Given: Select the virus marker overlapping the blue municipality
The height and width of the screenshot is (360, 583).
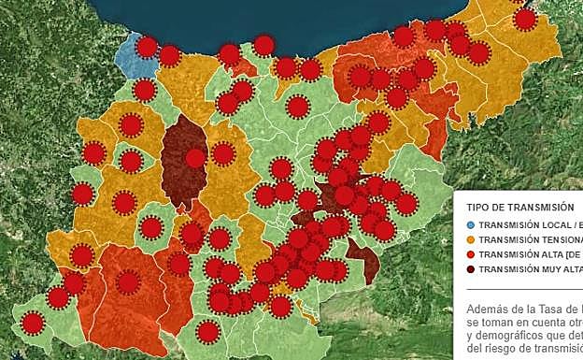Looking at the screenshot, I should pos(147,47).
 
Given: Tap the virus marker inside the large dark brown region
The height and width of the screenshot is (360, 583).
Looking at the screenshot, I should pos(195,158).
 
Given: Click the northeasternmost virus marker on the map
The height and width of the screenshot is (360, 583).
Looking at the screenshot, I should pos(525,19).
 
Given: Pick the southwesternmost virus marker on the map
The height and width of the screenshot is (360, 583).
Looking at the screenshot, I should pos(33,324).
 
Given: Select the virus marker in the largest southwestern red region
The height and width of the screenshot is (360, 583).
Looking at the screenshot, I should pos(129,281).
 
